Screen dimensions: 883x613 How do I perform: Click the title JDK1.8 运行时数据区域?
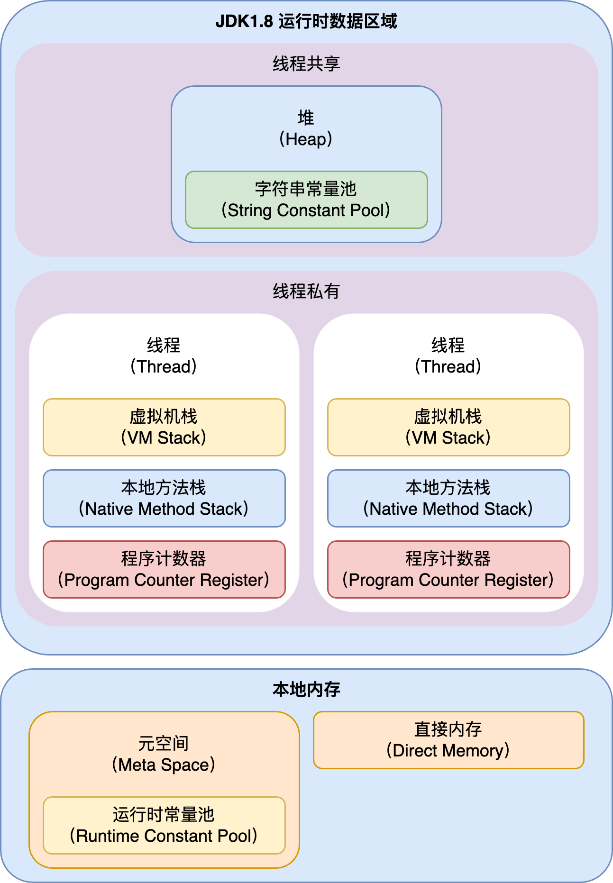click(x=306, y=22)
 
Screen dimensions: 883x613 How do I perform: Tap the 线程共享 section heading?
click(x=306, y=64)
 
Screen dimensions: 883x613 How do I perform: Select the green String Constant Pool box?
click(x=306, y=200)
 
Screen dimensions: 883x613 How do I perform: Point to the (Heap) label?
click(x=306, y=139)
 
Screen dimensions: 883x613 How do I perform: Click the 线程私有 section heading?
click(x=306, y=291)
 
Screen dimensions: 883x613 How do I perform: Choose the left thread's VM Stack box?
click(x=164, y=427)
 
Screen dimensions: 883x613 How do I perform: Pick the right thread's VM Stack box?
click(x=448, y=427)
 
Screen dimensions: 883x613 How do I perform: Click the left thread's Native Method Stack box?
click(x=164, y=498)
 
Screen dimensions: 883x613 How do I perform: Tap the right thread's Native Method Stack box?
click(x=448, y=498)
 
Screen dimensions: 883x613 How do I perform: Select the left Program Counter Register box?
click(x=164, y=569)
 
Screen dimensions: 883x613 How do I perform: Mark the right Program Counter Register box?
click(x=448, y=569)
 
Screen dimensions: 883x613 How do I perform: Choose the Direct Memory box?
click(x=448, y=740)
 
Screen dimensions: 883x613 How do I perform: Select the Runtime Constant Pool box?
click(x=164, y=825)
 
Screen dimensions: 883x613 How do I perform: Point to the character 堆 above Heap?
click(x=306, y=118)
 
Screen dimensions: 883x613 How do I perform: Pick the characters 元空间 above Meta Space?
click(x=164, y=743)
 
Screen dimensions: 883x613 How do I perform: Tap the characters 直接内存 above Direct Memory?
click(x=448, y=729)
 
